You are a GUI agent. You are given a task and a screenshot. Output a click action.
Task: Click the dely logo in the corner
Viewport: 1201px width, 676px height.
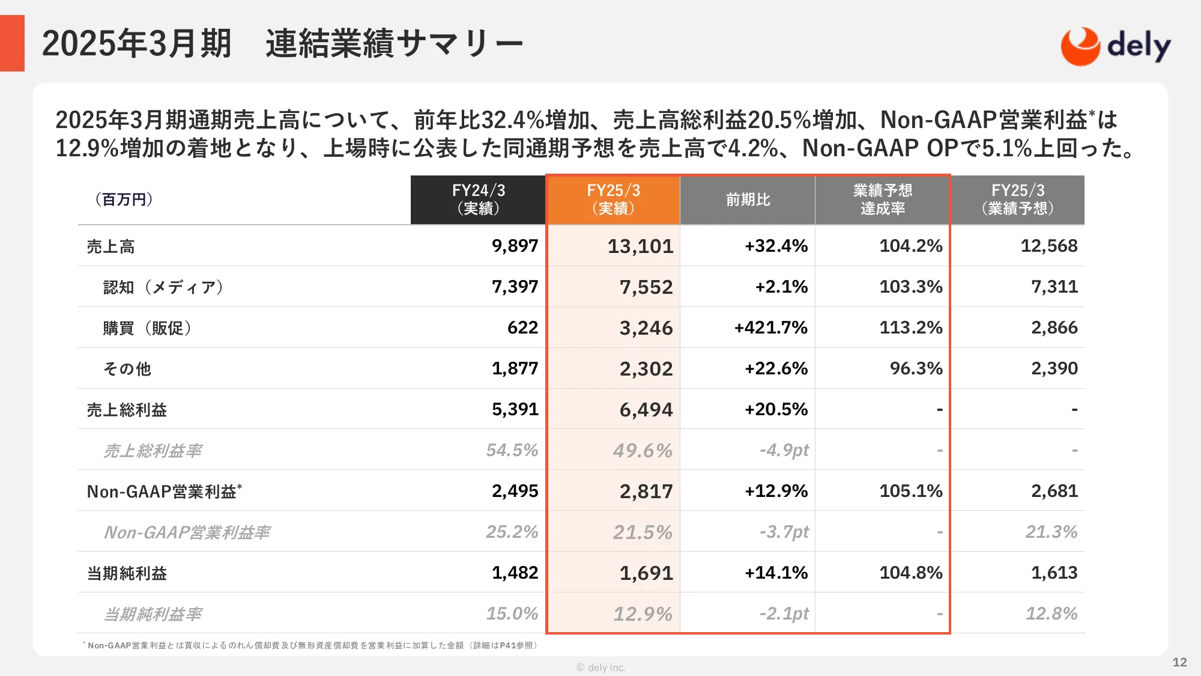coord(1115,46)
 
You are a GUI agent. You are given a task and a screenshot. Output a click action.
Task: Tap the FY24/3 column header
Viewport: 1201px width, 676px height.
coord(478,199)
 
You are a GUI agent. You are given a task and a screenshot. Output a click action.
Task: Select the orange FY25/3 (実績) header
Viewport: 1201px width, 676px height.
coord(613,199)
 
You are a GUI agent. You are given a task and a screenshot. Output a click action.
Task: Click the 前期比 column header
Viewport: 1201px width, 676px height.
coord(748,199)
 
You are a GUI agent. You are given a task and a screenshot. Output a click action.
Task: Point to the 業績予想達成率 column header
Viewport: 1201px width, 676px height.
coord(882,199)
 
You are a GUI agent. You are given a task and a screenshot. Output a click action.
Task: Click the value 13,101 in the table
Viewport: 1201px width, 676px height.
coord(640,246)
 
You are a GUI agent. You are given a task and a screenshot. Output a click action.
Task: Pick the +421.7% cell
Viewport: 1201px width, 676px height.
coord(770,328)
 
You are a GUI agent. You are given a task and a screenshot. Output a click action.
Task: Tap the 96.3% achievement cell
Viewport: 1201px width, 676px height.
coord(916,368)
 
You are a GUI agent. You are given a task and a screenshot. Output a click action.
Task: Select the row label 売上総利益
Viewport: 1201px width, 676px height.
coord(127,410)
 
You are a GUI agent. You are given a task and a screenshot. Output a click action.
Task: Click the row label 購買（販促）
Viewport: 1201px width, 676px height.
coord(147,328)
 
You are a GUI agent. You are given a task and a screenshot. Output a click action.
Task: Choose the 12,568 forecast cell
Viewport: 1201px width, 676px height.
coord(1048,246)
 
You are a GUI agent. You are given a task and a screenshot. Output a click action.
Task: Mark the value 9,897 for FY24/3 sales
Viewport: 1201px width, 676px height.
coord(515,246)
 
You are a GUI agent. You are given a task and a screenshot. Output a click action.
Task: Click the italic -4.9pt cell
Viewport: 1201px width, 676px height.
coord(784,450)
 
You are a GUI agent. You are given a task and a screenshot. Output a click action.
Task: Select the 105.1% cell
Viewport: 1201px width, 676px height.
coord(910,491)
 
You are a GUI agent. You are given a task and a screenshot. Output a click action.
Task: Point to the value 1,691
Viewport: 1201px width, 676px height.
coord(646,573)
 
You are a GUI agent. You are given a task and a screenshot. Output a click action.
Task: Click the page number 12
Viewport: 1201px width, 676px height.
coord(1179,662)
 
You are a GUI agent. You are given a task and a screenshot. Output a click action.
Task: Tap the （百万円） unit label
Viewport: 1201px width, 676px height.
coord(124,199)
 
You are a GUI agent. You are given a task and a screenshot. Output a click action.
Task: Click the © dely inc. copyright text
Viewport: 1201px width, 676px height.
coord(600,668)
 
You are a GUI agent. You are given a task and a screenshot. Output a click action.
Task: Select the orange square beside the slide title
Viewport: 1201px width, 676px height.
coord(12,43)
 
